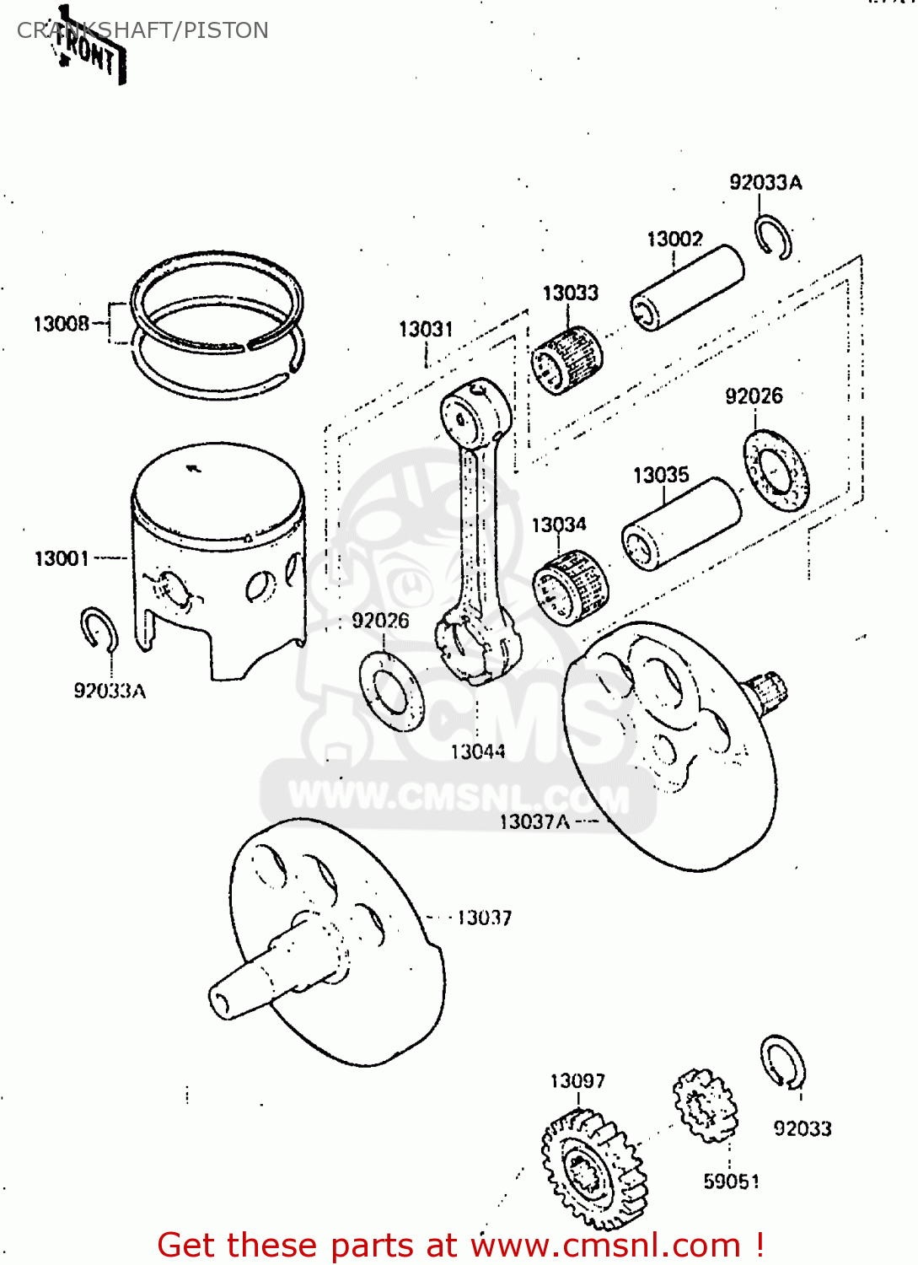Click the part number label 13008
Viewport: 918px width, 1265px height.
[x=61, y=324]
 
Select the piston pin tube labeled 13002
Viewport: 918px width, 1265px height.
[x=687, y=287]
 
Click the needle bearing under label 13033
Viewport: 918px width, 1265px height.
[x=567, y=361]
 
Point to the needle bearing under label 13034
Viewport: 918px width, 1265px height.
[x=570, y=587]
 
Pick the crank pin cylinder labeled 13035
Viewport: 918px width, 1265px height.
[x=681, y=524]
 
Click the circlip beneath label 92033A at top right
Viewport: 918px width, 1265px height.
[x=772, y=236]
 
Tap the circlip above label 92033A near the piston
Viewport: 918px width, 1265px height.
[x=99, y=629]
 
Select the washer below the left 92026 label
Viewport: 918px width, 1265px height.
[x=391, y=691]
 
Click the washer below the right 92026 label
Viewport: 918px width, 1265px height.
[x=776, y=470]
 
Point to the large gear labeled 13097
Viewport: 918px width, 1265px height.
[x=592, y=1168]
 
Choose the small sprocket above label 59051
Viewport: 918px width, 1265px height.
[x=705, y=1105]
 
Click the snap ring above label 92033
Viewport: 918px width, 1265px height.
[x=783, y=1062]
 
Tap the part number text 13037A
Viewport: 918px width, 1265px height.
[x=534, y=821]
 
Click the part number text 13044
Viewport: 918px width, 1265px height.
[x=478, y=751]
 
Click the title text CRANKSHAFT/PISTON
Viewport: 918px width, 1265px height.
[x=142, y=30]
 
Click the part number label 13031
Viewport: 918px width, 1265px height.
[x=426, y=329]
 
